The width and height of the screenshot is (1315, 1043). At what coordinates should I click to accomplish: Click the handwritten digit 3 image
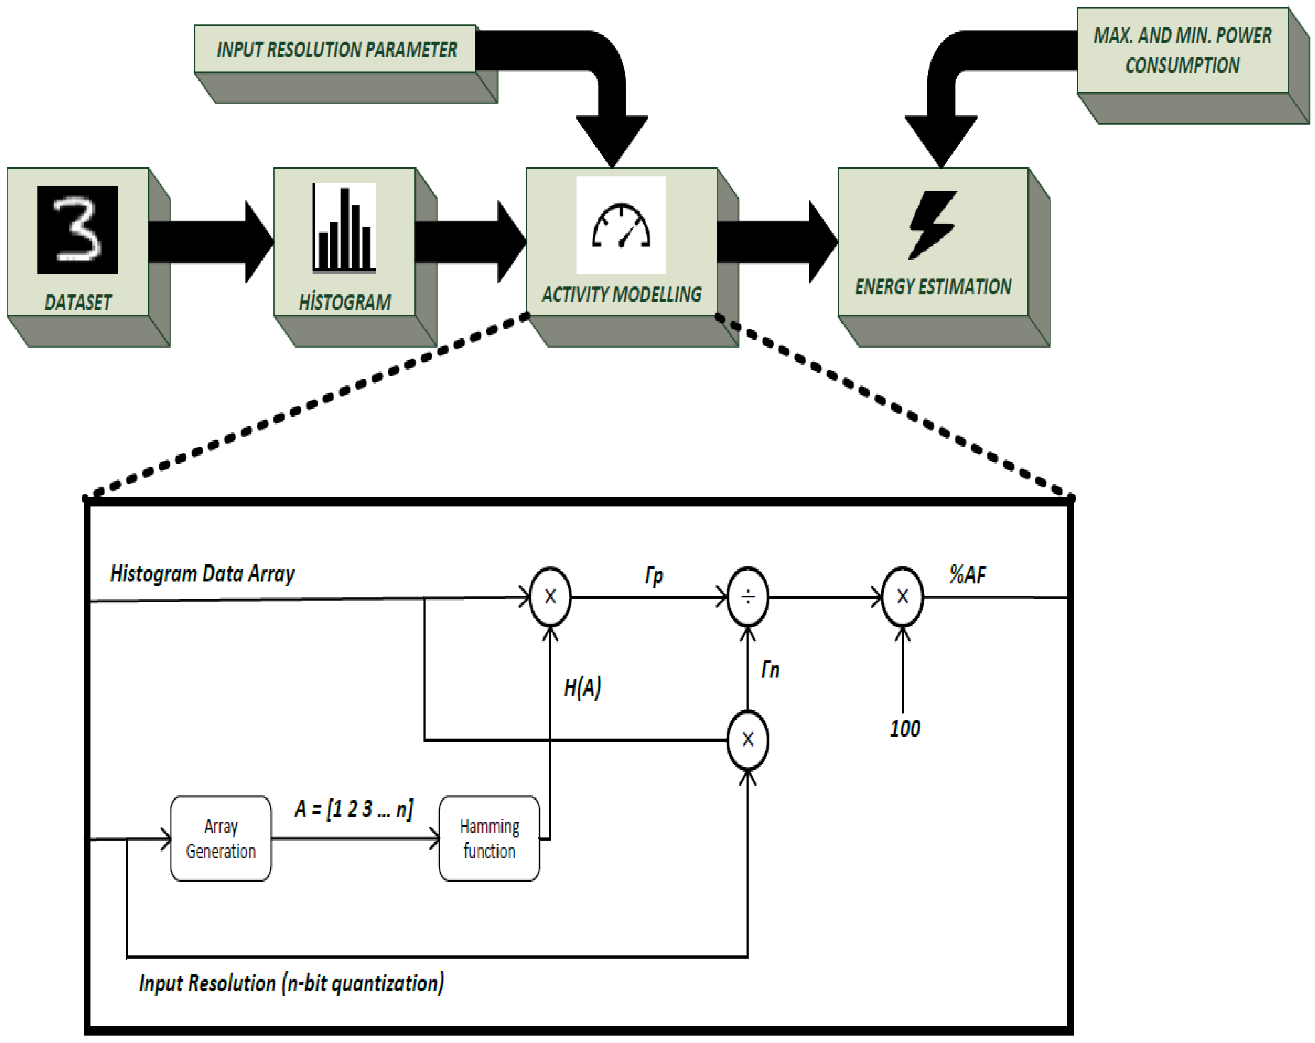pyautogui.click(x=77, y=230)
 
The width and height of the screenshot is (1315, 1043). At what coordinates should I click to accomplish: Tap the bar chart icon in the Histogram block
pyautogui.click(x=344, y=228)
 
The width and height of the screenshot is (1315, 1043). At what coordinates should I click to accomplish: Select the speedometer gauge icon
pyautogui.click(x=621, y=226)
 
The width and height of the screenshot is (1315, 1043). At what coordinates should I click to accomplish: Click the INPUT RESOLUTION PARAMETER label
pyautogui.click(x=336, y=50)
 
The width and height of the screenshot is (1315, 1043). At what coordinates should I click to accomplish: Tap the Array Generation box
pyautogui.click(x=221, y=838)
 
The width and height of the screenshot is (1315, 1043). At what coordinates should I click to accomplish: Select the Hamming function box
pyautogui.click(x=489, y=838)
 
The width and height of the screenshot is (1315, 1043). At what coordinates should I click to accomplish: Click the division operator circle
pyautogui.click(x=748, y=596)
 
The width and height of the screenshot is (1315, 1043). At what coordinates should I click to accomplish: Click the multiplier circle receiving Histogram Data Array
pyautogui.click(x=550, y=596)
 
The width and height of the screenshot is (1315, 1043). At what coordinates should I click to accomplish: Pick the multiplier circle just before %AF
pyautogui.click(x=903, y=596)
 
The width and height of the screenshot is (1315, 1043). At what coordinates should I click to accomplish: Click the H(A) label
pyautogui.click(x=582, y=688)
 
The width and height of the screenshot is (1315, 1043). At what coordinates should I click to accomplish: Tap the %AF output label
pyautogui.click(x=968, y=574)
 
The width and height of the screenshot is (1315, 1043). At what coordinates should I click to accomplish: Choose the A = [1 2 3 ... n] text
pyautogui.click(x=354, y=809)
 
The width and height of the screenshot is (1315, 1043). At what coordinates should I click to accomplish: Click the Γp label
pyautogui.click(x=654, y=574)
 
